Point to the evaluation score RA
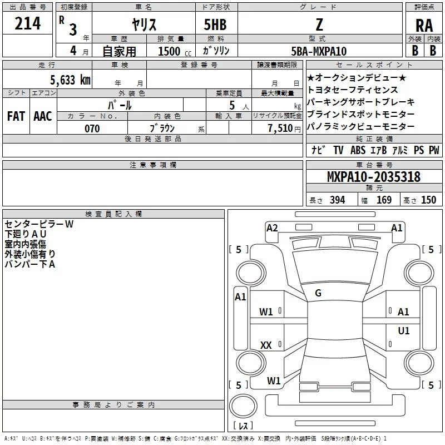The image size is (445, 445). point(424,24)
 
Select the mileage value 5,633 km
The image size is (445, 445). point(70,80)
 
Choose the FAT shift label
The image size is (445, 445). point(16,116)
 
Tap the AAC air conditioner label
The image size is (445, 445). point(42,116)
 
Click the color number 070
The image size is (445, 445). point(92,128)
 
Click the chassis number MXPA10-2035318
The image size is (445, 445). point(373,177)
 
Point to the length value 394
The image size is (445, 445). point(337,200)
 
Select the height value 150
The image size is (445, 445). point(428,200)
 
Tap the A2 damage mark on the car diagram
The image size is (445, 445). point(272,228)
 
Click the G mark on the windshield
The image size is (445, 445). point(318,293)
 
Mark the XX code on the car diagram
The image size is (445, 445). point(266,345)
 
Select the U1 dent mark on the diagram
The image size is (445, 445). point(403,331)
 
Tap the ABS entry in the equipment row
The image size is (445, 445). point(358,150)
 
